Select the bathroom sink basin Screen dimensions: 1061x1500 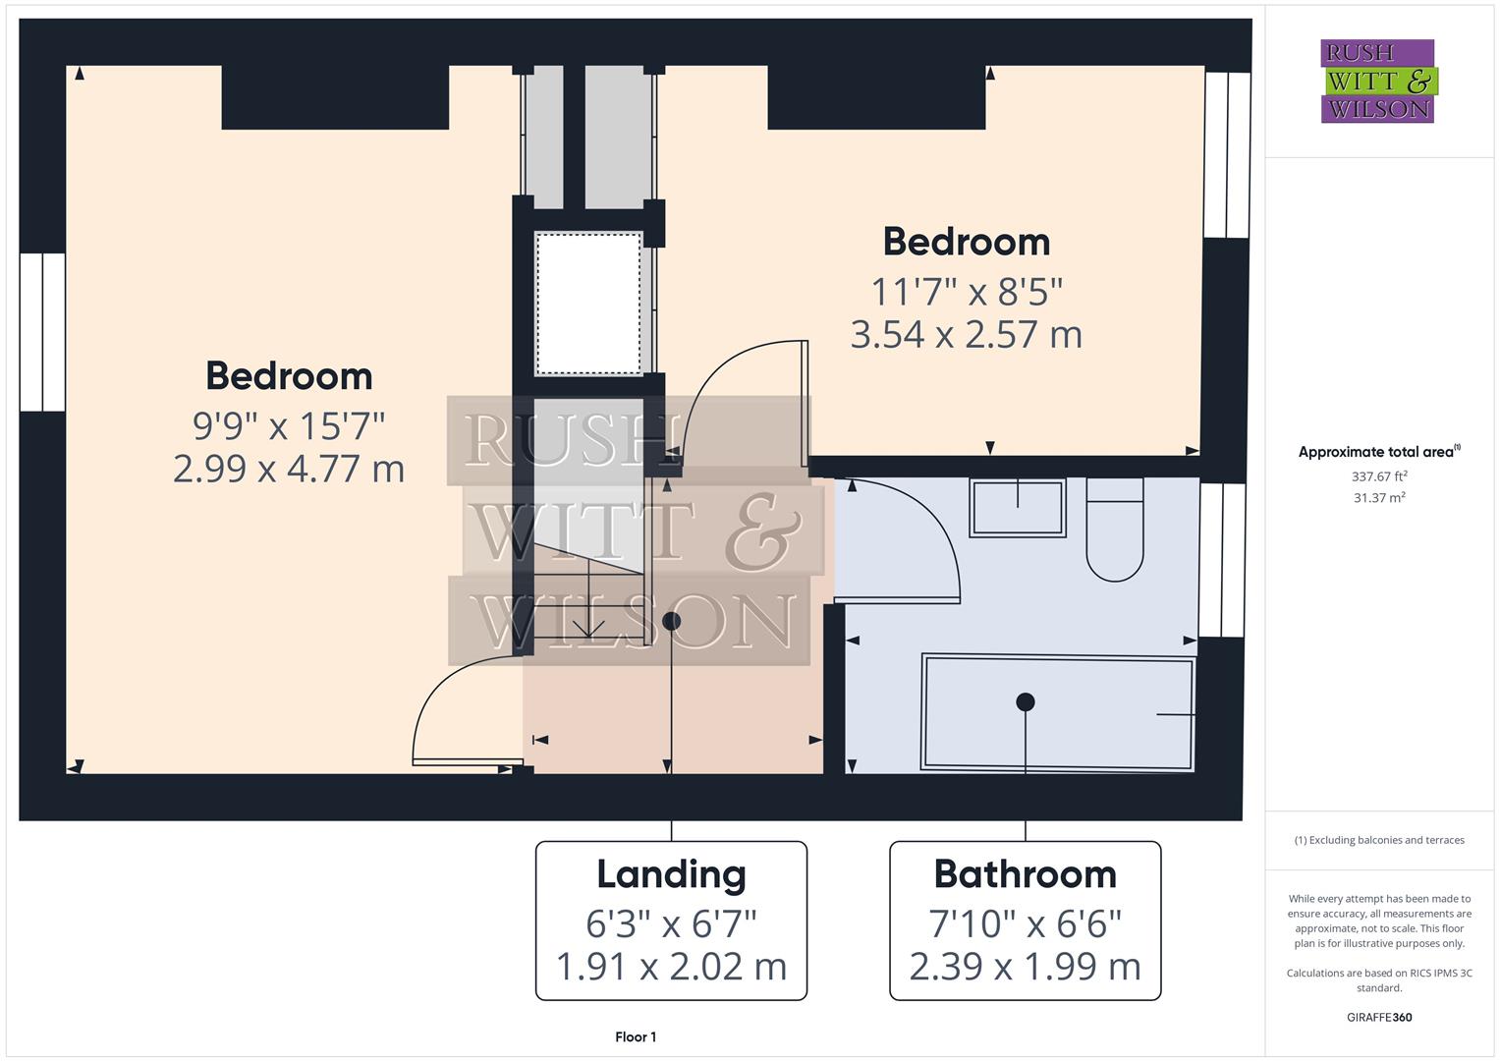pyautogui.click(x=1018, y=507)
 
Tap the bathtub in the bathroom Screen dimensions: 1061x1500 pyautogui.click(x=1058, y=712)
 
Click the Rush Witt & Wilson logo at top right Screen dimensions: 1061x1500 pyautogui.click(x=1377, y=81)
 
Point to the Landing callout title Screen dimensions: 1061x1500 pyautogui.click(x=671, y=873)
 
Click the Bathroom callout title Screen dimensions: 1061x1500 pyautogui.click(x=1025, y=873)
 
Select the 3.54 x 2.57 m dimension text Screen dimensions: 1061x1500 pyautogui.click(x=966, y=335)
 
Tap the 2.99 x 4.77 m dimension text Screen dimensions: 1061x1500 pyautogui.click(x=288, y=469)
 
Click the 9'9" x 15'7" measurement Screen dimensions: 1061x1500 pyautogui.click(x=288, y=426)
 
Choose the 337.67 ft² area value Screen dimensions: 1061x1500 pyautogui.click(x=1379, y=476)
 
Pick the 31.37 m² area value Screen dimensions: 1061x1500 pyautogui.click(x=1379, y=498)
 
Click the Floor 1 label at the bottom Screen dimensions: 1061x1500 pyautogui.click(x=636, y=1036)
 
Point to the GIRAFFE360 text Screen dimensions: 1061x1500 pyautogui.click(x=1379, y=1017)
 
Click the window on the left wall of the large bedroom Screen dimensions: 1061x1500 pyautogui.click(x=42, y=332)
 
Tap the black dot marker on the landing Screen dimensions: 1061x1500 pyautogui.click(x=671, y=621)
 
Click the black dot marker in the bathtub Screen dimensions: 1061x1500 pyautogui.click(x=1026, y=701)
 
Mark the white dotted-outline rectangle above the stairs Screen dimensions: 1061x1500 pyautogui.click(x=588, y=303)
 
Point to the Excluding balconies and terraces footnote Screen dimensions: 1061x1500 pyautogui.click(x=1379, y=840)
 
